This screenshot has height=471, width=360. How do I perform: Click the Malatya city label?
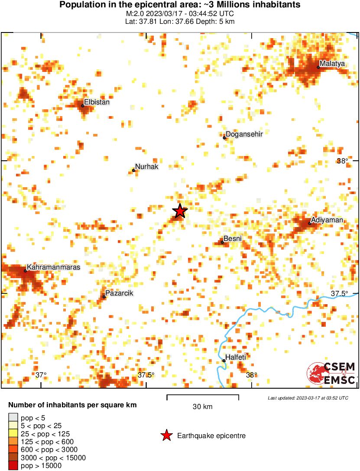(x=333, y=64)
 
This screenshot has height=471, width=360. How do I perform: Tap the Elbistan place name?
(x=97, y=102)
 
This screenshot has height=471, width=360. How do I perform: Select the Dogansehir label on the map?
(x=244, y=134)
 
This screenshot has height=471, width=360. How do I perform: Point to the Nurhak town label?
(x=147, y=166)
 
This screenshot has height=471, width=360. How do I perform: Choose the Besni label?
(x=233, y=239)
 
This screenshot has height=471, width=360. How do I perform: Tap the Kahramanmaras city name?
(x=54, y=267)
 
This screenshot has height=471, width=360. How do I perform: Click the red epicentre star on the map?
(x=180, y=211)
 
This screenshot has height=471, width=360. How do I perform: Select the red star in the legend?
(x=166, y=436)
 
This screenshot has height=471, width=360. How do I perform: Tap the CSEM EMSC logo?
(x=332, y=373)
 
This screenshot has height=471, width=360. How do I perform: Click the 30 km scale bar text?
(x=202, y=407)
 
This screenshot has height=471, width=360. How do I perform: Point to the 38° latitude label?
(x=342, y=161)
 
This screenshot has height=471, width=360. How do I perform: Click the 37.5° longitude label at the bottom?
(x=146, y=375)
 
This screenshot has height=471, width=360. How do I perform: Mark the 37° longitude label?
(x=41, y=375)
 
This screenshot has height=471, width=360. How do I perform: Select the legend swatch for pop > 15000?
(x=13, y=466)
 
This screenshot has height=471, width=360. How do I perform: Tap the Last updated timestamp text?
(x=308, y=397)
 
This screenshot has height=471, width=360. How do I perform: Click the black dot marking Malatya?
(x=318, y=67)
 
